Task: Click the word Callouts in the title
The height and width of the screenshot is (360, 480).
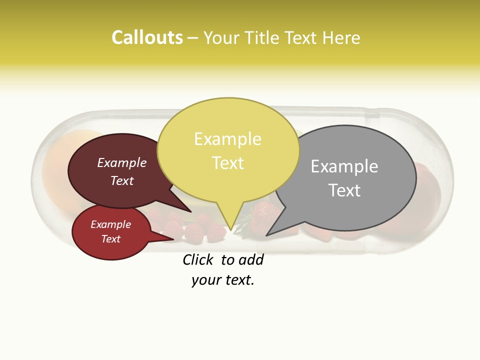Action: coord(147,37)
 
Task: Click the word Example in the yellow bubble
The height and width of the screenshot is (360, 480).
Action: coord(228,139)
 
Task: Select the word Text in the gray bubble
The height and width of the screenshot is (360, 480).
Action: coord(344,190)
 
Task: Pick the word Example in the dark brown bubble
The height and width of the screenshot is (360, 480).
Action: coord(122,162)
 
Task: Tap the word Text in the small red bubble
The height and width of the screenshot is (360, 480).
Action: coord(110,239)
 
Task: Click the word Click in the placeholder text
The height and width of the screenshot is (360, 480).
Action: coord(197,259)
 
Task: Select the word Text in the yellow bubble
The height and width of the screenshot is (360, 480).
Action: coord(228,163)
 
